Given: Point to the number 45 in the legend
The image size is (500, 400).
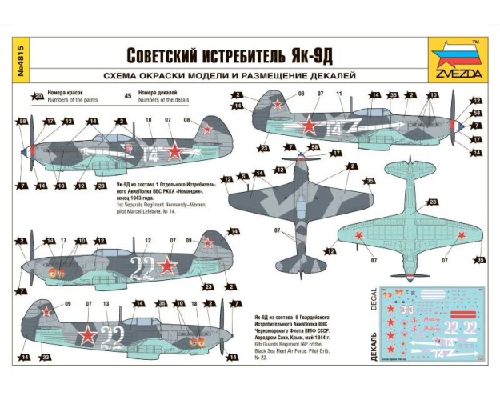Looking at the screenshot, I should (x=128, y=96).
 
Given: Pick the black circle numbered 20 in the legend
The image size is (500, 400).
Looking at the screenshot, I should (x=38, y=96).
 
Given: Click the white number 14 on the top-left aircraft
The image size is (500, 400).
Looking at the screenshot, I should (x=151, y=150).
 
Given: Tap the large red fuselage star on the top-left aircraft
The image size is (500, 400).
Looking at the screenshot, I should (x=174, y=149).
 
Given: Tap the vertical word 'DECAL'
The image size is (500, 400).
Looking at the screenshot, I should (x=374, y=300).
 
